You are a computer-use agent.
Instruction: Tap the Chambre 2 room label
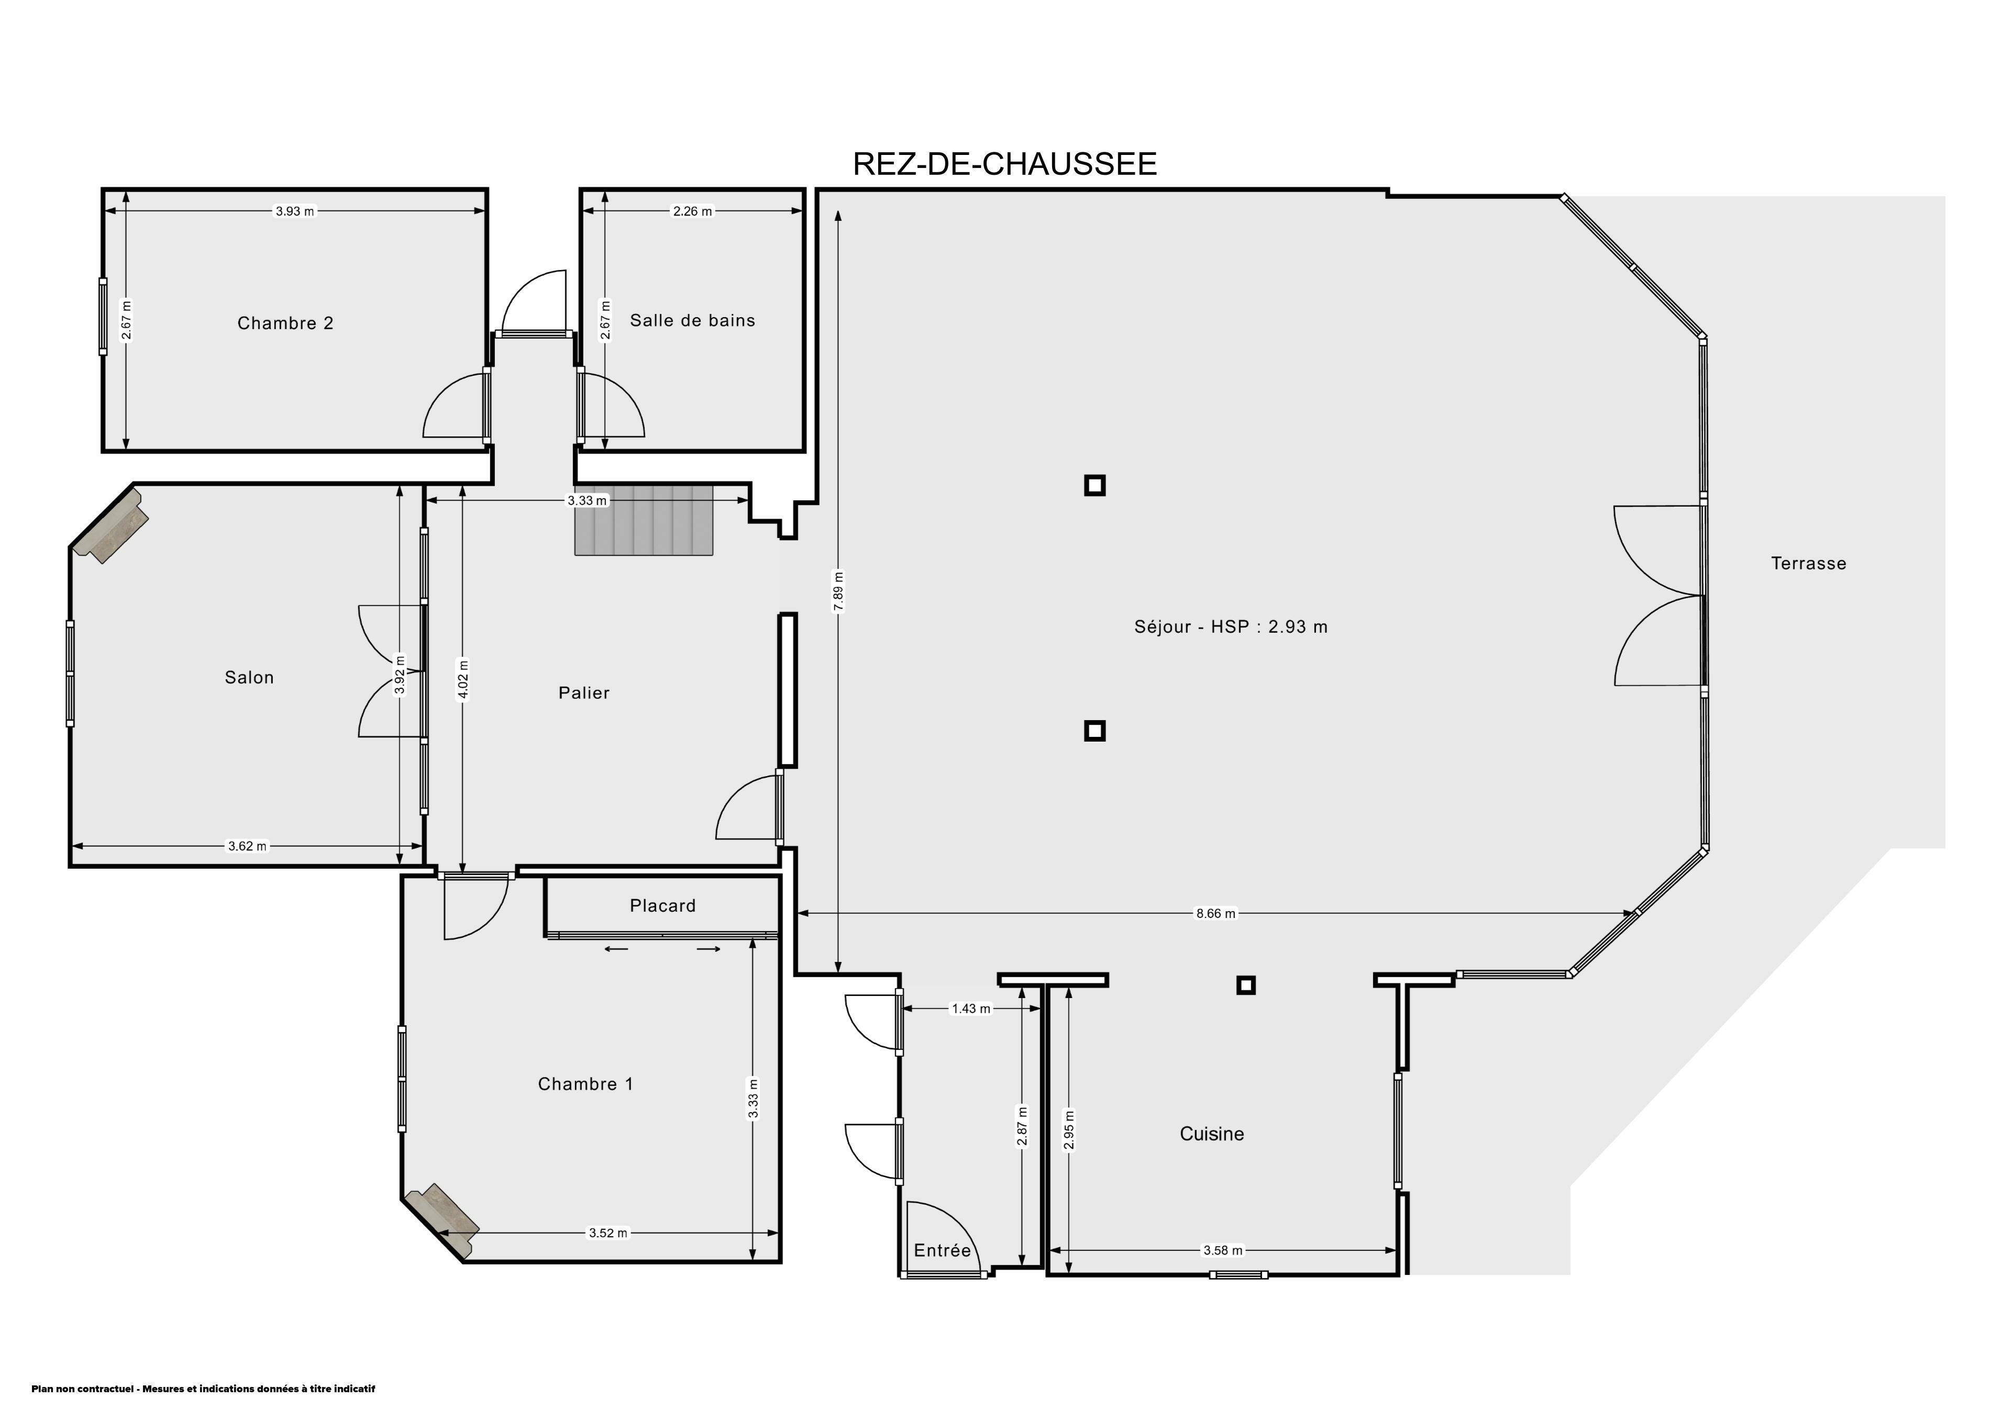pos(285,323)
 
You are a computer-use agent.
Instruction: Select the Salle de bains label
pos(692,320)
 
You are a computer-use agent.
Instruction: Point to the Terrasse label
pos(1809,564)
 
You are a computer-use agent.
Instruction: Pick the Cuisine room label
pos(1211,1134)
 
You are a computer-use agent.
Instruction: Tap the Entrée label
pos(943,1250)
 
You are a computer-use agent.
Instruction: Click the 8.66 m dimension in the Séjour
pos(1216,913)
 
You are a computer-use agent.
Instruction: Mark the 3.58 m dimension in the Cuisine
pos(1223,1250)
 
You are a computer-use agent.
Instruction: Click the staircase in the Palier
pos(645,520)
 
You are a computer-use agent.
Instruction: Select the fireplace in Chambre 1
pos(443,1222)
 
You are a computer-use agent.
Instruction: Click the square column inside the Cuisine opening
pos(1245,985)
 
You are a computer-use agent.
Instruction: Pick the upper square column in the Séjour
pos(1095,485)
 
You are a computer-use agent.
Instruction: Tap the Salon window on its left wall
pos(70,673)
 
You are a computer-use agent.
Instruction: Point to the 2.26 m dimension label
pos(692,211)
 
